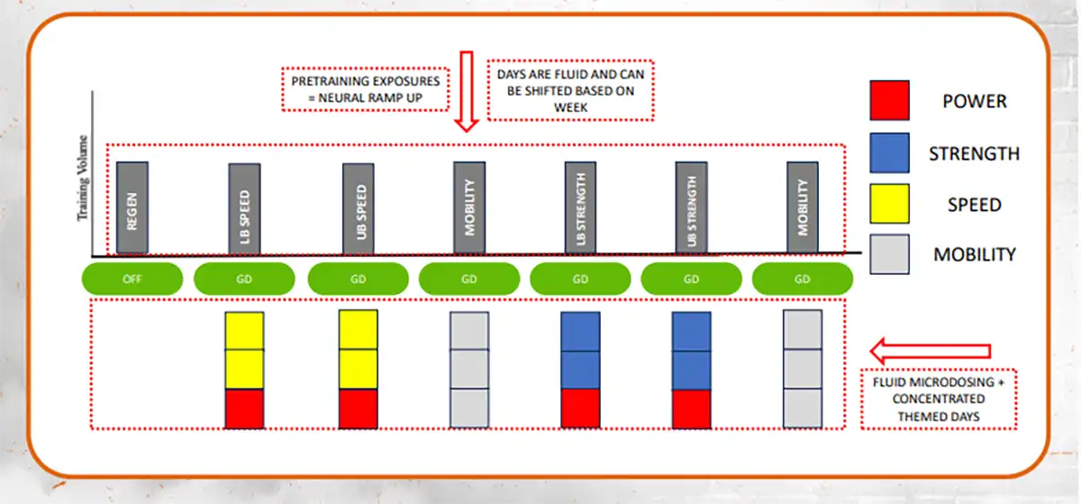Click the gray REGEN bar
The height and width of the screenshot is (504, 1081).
coord(132,207)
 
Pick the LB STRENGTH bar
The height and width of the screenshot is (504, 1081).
coord(580,207)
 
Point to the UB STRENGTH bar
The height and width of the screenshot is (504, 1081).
coord(691,207)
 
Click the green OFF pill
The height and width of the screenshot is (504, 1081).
coord(132,279)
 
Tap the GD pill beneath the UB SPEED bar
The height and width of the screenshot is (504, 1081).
coord(358,279)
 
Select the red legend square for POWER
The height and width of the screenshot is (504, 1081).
coord(889,100)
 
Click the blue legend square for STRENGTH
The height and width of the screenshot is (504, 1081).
coord(889,151)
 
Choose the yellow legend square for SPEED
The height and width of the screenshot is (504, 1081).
coord(889,203)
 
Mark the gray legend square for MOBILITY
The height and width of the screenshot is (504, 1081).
coord(889,254)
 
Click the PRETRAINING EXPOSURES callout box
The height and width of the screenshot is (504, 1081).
coord(365,88)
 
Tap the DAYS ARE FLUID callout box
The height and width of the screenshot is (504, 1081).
coord(571,90)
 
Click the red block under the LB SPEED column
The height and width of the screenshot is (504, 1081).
coord(244,408)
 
